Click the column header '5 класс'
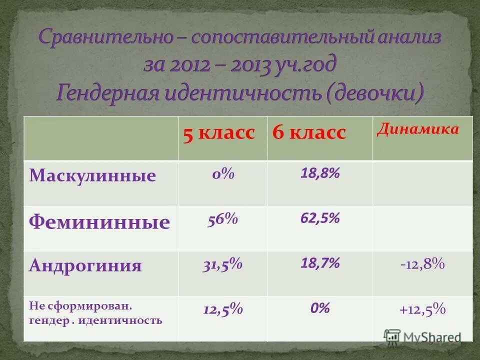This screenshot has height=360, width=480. (x=219, y=133)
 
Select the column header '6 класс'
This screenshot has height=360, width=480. (x=309, y=133)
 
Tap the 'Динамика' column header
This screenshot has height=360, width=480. (x=418, y=129)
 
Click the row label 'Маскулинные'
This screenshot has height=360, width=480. (x=92, y=175)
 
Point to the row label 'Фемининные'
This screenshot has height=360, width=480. (x=99, y=222)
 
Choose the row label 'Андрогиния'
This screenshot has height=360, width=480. (x=85, y=265)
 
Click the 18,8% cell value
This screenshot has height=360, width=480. (x=320, y=173)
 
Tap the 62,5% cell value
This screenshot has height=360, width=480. (x=320, y=218)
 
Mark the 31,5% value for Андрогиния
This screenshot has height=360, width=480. (x=222, y=264)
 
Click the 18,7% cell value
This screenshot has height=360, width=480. (x=320, y=263)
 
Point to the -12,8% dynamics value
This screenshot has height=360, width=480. (x=422, y=264)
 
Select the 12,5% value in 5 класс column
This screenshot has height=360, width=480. (x=223, y=309)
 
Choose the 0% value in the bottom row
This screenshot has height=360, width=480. (x=320, y=308)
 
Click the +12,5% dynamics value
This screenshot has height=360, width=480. (x=422, y=309)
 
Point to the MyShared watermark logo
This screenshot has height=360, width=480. (x=422, y=336)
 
